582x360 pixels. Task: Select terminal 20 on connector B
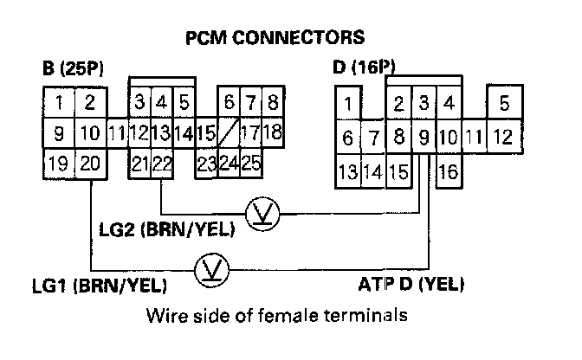88,164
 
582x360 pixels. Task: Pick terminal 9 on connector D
424,136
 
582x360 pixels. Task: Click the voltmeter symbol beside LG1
209,267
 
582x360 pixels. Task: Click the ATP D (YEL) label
410,284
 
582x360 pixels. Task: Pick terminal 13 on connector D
348,171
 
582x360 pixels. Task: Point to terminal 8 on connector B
272,103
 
